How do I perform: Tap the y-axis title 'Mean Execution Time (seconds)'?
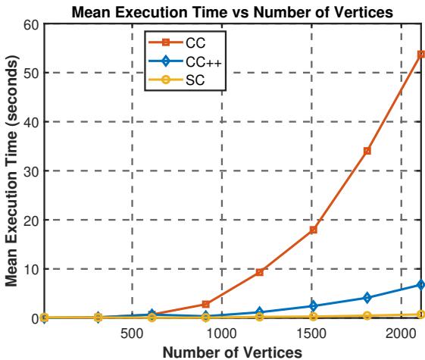(13, 171)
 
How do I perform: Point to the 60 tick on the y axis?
(33, 23)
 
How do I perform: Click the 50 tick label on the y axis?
(33, 73)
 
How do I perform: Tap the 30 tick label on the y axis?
(33, 171)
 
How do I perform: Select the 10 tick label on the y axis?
(33, 269)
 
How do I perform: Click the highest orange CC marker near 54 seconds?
(420, 55)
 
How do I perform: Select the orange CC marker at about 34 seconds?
(367, 151)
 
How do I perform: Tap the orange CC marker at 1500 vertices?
(313, 230)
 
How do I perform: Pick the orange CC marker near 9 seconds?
(259, 272)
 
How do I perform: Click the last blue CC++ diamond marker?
(420, 285)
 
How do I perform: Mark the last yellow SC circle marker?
(420, 315)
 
